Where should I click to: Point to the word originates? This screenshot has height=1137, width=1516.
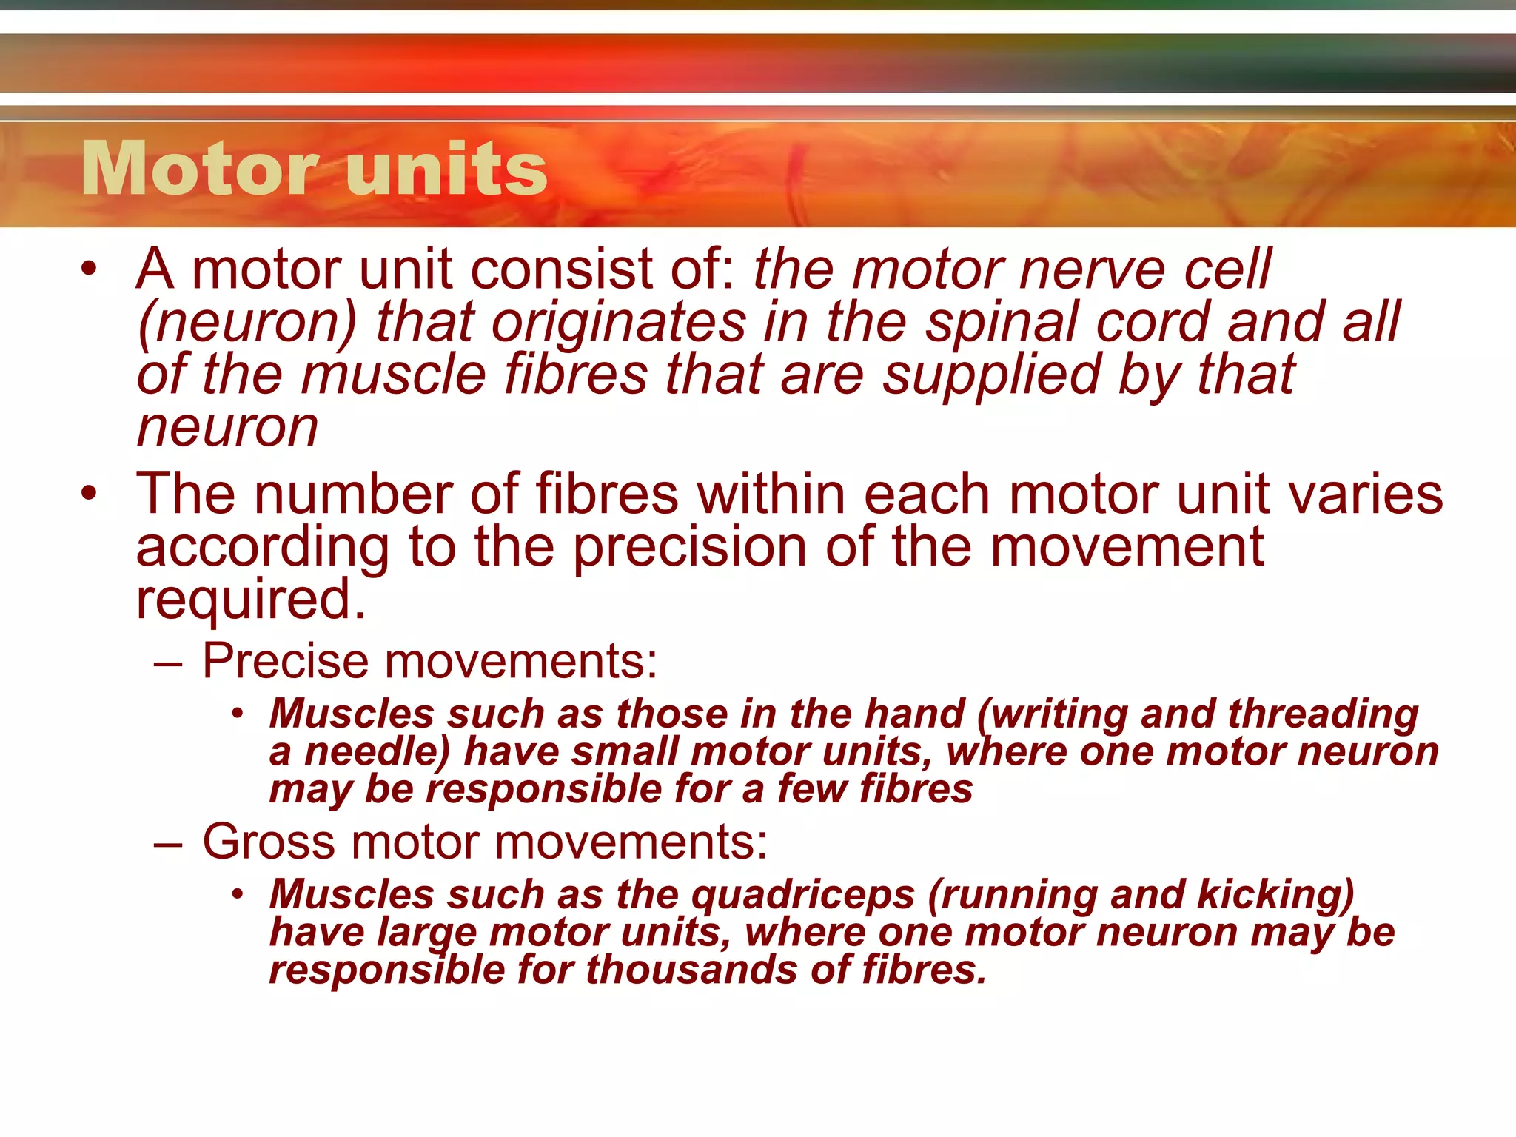619,323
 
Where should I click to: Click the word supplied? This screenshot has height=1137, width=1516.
992,376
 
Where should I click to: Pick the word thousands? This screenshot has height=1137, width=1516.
691,970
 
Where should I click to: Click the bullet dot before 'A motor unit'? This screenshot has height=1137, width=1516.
90,269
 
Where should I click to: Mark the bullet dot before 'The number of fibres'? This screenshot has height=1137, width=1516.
90,494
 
